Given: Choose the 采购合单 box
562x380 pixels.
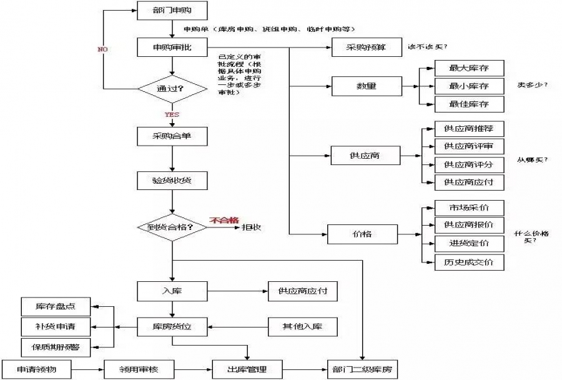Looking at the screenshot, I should (x=172, y=136).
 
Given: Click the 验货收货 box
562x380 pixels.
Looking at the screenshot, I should (x=172, y=180).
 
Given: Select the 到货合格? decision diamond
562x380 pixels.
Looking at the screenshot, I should (x=172, y=227).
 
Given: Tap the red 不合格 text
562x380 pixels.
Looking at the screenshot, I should (x=224, y=220).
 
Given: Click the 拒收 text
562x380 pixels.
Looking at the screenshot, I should (x=251, y=227).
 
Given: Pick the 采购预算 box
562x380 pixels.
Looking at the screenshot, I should (x=366, y=47).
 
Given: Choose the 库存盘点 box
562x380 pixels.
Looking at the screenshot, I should (x=56, y=306).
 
